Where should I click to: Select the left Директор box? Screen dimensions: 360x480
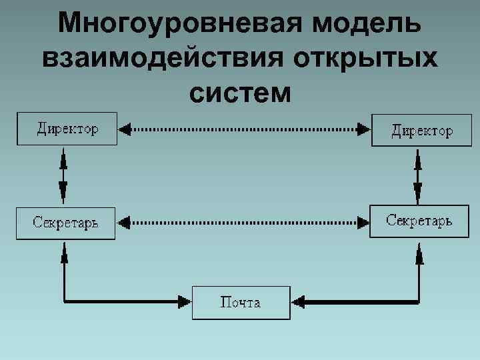67,129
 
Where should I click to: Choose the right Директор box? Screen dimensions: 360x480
421,130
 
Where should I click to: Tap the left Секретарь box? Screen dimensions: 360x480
65,223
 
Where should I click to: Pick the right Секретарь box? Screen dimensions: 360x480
419,221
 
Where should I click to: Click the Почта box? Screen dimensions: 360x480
241,303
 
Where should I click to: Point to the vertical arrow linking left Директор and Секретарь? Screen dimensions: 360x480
63,175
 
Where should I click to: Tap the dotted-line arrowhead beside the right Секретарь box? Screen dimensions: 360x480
363,221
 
